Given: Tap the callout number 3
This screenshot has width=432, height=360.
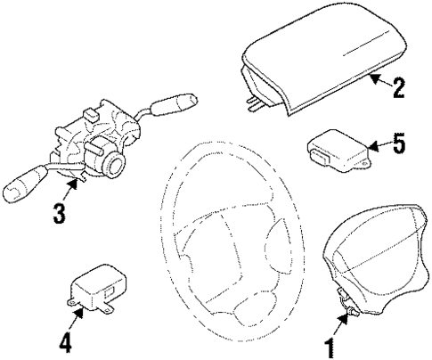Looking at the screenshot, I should (59, 213).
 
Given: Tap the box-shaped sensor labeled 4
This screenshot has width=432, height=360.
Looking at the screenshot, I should (96, 290).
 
